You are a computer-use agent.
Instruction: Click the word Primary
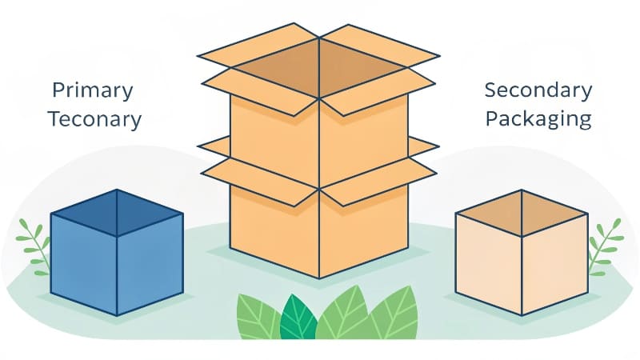93,90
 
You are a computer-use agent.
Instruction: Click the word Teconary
94,120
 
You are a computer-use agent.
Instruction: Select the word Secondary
538,90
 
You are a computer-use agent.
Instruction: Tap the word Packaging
538,120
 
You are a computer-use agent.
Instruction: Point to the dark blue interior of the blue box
117,212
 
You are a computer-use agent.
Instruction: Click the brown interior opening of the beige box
521,212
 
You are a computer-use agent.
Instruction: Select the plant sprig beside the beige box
604,244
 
